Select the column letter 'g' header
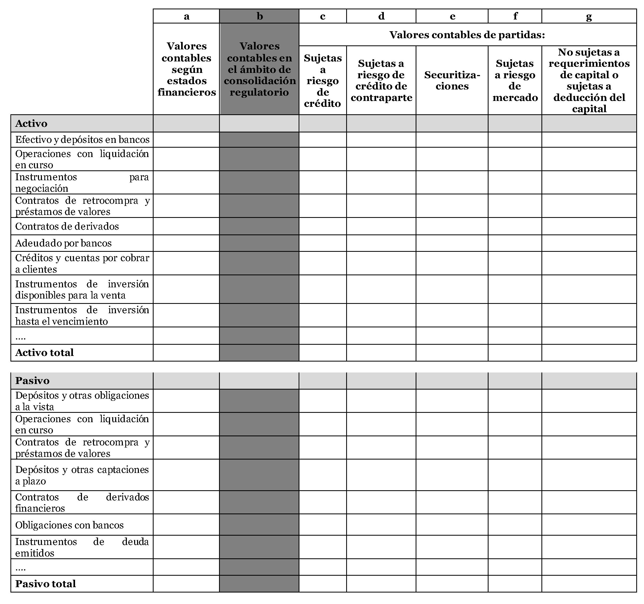(589, 16)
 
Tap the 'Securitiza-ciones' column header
(452, 80)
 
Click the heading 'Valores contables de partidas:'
(467, 35)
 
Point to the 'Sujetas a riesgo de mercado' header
(515, 80)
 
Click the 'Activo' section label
(32, 123)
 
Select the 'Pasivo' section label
(32, 381)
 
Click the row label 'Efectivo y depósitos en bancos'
(82, 140)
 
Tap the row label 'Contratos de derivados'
(67, 226)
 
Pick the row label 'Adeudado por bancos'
(64, 243)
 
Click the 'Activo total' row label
(45, 352)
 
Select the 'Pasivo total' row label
(46, 584)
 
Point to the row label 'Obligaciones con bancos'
(69, 525)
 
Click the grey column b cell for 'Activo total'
(259, 352)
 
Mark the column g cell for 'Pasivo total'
(589, 584)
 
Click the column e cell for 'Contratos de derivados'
(452, 226)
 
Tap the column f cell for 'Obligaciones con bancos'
(515, 525)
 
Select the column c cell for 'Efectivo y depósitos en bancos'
(323, 140)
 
